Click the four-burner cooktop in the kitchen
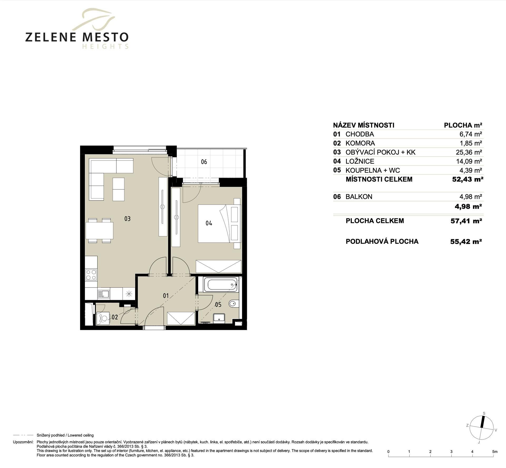91,275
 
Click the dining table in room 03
99,230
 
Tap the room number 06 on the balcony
204,162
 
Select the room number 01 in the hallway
166,296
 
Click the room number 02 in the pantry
115,317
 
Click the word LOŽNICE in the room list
360,161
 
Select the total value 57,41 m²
466,221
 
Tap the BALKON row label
359,197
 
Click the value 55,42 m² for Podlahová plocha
466,241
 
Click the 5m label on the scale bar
495,452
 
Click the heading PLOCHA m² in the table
463,125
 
